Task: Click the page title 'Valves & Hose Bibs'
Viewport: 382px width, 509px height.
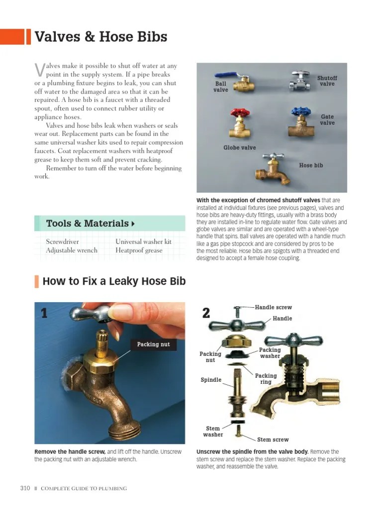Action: (100, 37)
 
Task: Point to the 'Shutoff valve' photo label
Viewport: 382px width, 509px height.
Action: (327, 81)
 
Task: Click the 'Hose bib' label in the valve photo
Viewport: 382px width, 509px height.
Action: (311, 166)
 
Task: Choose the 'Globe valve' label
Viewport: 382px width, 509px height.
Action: (239, 148)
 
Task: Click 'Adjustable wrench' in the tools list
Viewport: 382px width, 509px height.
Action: (72, 251)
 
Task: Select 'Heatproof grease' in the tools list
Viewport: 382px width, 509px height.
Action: (139, 251)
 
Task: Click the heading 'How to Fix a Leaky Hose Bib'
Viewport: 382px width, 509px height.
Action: (114, 282)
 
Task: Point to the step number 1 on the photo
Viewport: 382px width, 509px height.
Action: (44, 313)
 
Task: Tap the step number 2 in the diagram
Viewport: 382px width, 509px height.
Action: (206, 313)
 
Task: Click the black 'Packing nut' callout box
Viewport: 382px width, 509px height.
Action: (153, 344)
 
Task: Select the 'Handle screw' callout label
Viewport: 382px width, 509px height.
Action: (273, 308)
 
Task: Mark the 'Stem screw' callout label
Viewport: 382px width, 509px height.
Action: (273, 439)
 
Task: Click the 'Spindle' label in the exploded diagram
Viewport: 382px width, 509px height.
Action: (211, 380)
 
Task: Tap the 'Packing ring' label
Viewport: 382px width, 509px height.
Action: (266, 379)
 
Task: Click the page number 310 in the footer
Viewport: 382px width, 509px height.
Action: (25, 488)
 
